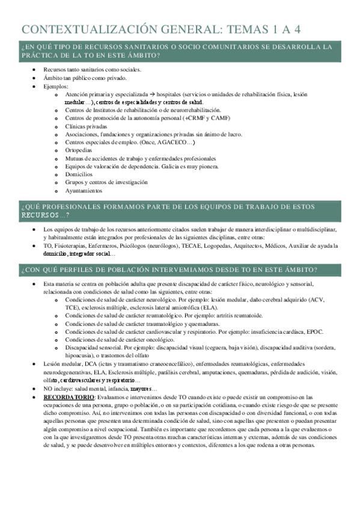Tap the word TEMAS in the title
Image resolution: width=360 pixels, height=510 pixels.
click(240, 29)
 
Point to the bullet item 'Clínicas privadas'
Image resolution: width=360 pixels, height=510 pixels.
click(86, 126)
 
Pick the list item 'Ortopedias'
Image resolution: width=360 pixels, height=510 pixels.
click(79, 150)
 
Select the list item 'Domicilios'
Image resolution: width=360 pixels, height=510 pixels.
click(79, 174)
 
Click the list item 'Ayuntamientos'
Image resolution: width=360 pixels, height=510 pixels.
click(84, 191)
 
